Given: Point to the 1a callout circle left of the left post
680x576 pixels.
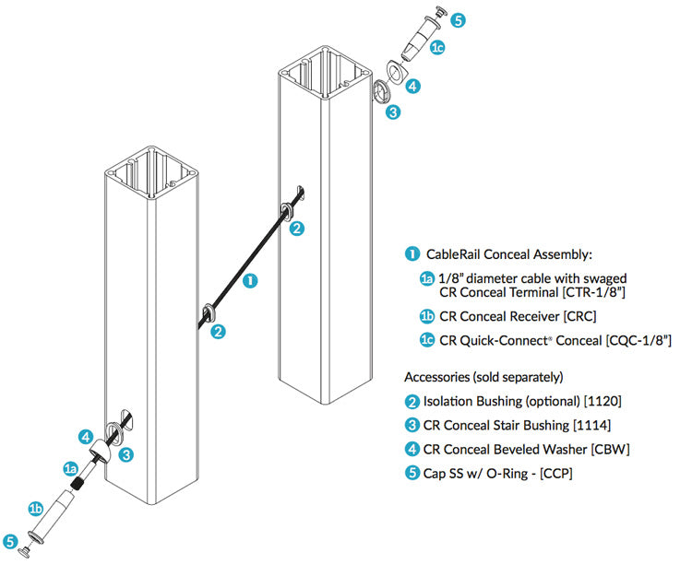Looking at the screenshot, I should click(x=69, y=469).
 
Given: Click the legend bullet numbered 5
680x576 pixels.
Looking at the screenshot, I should click(x=412, y=473).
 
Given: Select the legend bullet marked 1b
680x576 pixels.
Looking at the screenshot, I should click(x=427, y=316).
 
